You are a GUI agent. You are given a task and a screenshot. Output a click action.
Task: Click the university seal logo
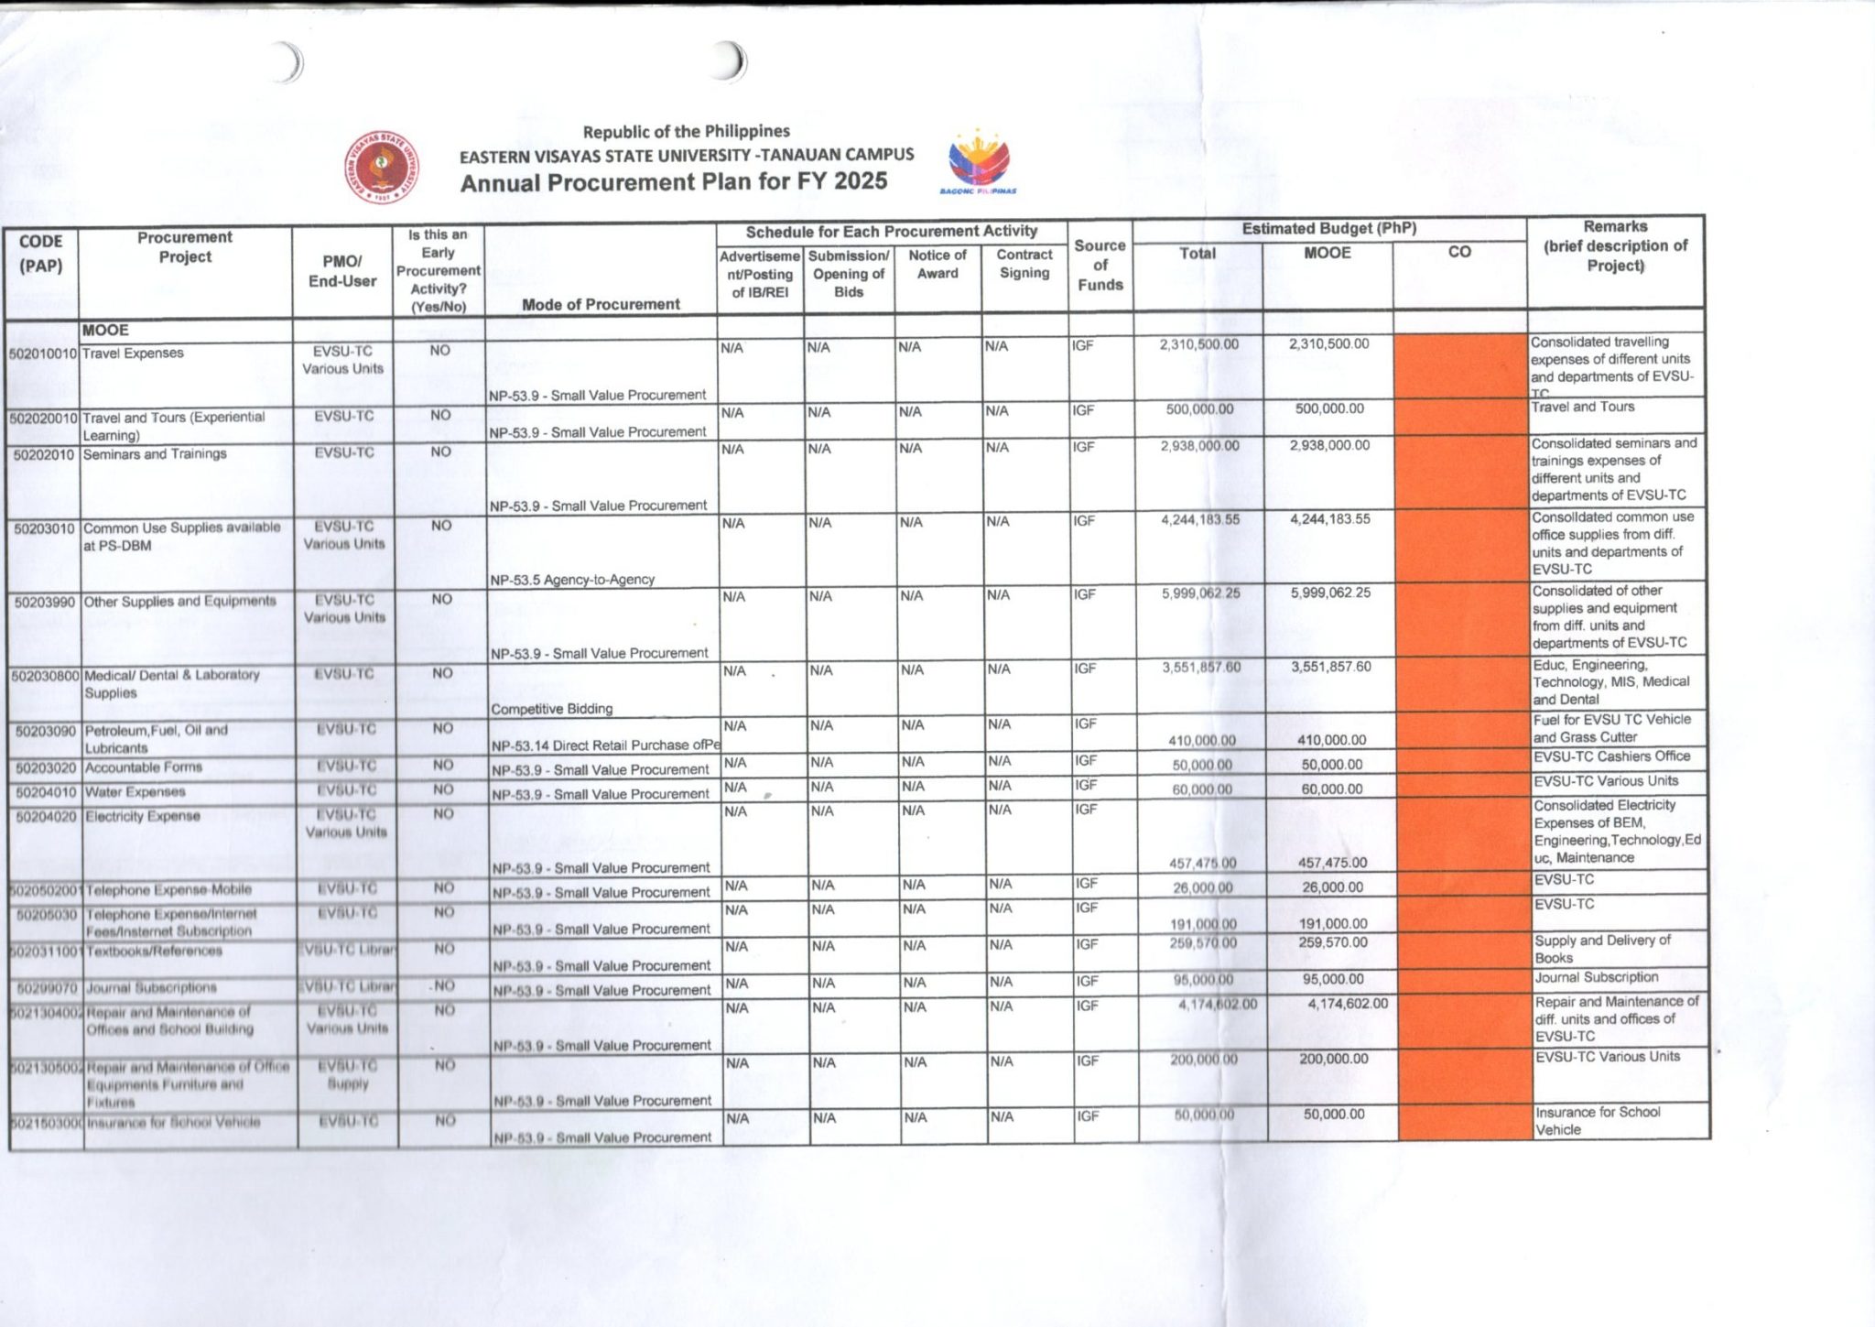point(383,167)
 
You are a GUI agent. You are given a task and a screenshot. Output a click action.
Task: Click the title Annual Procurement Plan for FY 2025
point(674,182)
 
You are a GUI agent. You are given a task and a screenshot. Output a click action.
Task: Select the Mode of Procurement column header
point(601,304)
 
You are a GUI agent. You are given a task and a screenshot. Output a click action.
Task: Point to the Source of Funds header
point(1100,266)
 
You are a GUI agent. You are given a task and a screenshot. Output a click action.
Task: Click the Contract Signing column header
point(1024,264)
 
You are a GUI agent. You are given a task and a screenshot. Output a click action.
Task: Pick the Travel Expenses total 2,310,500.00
point(1198,344)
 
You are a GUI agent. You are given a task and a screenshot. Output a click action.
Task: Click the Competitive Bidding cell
point(552,709)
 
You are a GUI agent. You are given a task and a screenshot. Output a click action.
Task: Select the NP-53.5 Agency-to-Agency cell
point(572,580)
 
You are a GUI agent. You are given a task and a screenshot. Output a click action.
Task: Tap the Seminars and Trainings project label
point(155,454)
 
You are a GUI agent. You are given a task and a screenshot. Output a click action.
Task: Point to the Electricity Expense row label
point(143,816)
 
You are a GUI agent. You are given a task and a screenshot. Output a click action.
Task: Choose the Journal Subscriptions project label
point(152,988)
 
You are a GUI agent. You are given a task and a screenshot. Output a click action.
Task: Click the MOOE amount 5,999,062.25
point(1330,593)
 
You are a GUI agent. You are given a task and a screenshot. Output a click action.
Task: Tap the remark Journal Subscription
point(1597,977)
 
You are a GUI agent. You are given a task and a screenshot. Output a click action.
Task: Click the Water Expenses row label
point(135,792)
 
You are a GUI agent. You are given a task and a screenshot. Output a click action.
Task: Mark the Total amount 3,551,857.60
point(1201,668)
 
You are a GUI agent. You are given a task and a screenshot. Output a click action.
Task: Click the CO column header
point(1459,252)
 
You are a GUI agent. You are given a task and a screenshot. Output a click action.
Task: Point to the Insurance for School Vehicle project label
point(174,1123)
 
